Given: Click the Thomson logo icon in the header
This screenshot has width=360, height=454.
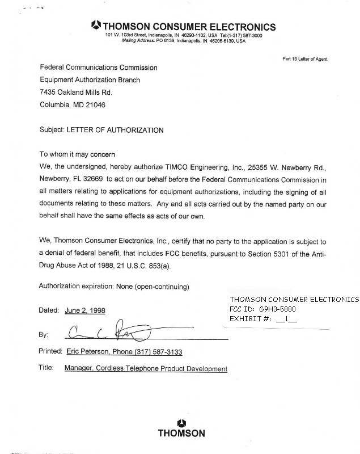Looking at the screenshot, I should point(96,26).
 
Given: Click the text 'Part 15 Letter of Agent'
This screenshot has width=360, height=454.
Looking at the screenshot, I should point(304,59).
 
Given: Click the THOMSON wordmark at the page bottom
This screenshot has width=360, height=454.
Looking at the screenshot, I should point(181,434).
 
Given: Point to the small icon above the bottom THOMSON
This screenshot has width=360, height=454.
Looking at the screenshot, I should point(181,422).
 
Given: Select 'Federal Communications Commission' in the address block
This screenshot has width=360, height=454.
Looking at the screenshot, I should point(99,68).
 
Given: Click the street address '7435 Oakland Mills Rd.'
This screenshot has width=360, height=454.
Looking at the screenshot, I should point(76,93).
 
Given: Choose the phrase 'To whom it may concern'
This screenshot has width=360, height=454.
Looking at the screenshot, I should point(77,154).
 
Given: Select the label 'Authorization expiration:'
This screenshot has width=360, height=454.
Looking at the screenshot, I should point(76,286).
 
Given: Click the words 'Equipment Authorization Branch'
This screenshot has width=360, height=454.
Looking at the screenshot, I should point(90,80).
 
